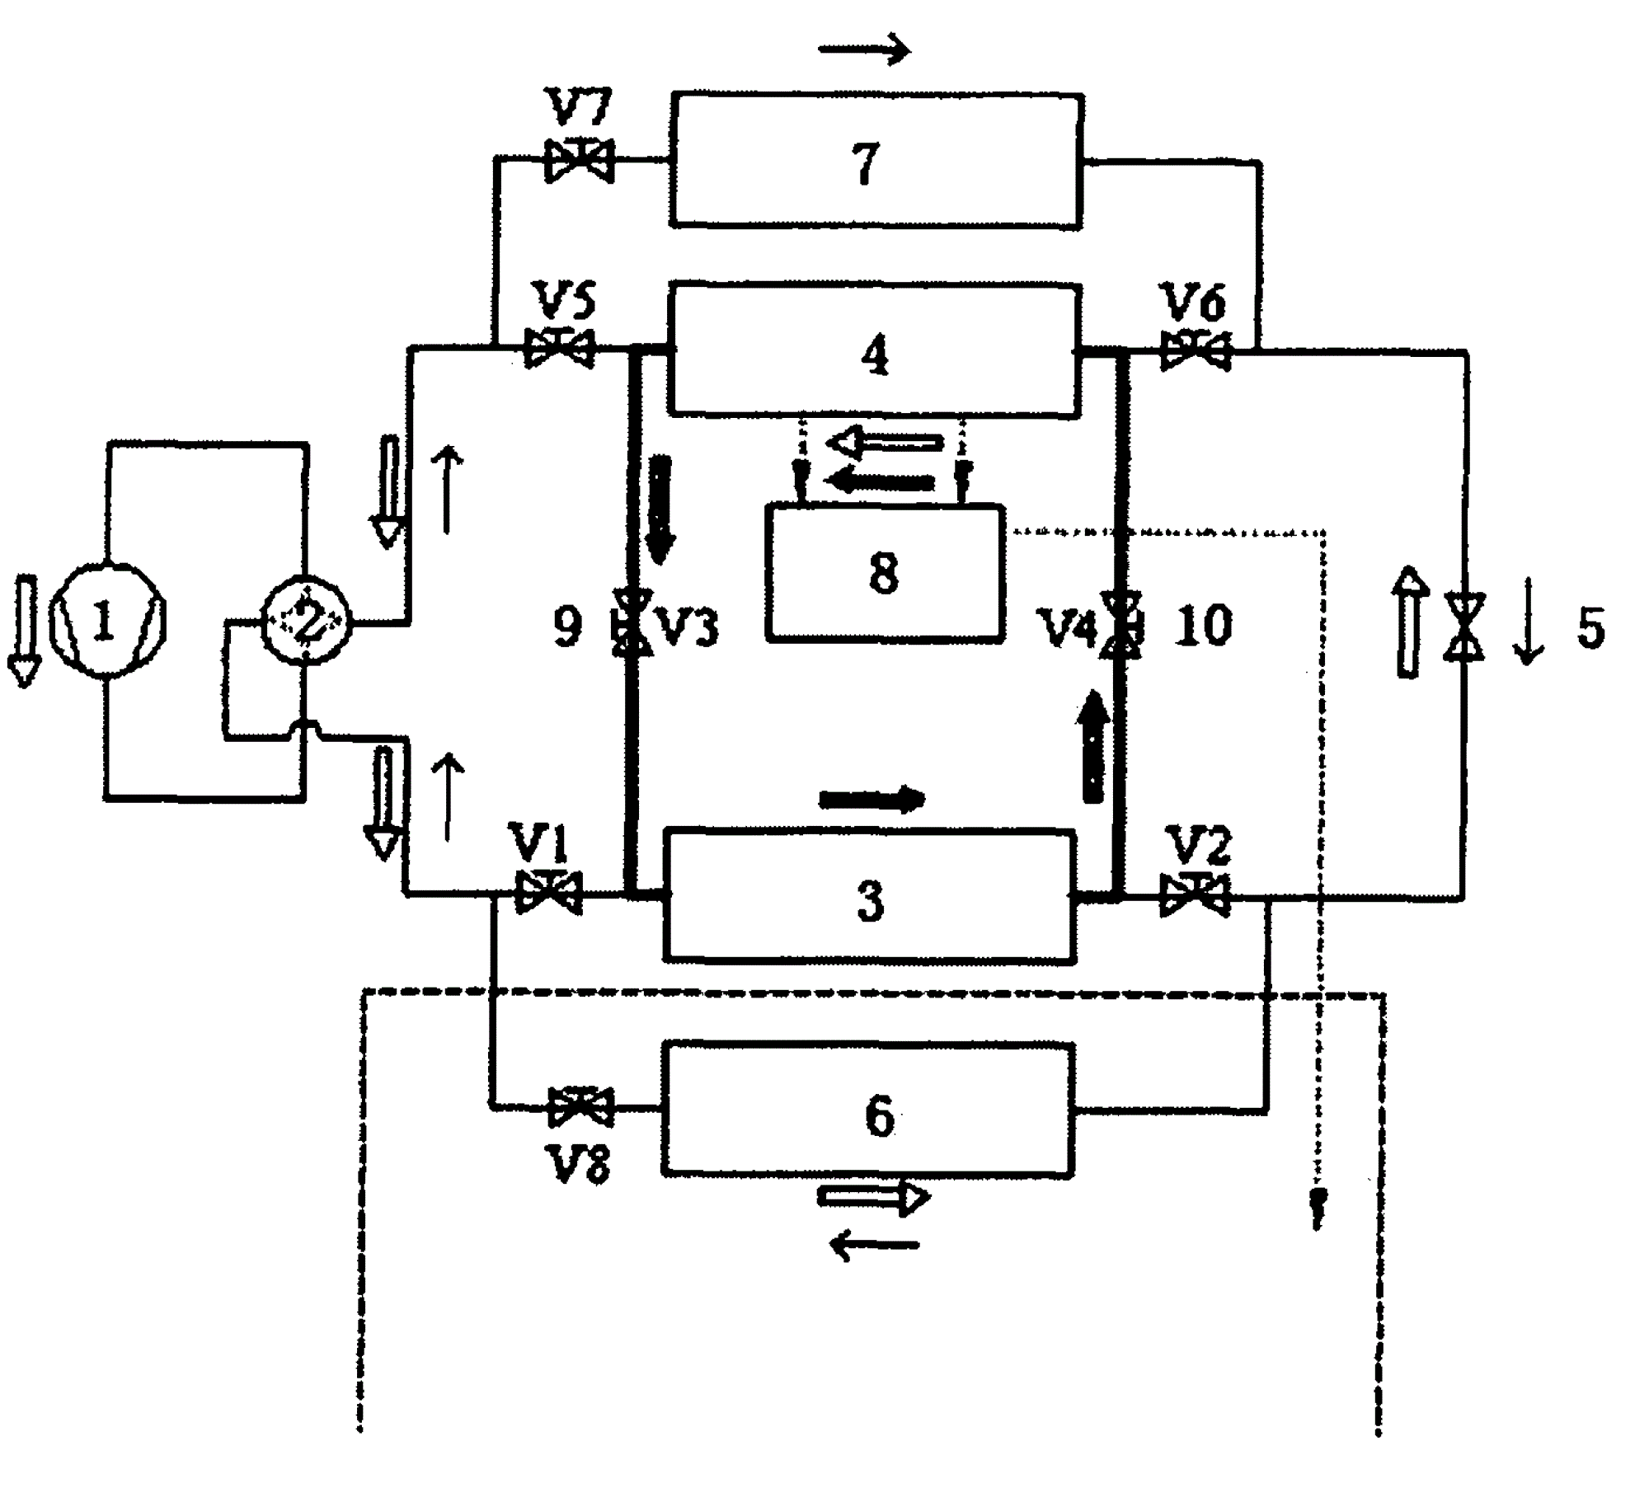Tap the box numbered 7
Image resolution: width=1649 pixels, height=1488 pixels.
tap(876, 161)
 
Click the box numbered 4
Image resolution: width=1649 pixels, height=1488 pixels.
tap(874, 351)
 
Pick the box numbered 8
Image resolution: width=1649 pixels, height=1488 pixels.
tap(885, 572)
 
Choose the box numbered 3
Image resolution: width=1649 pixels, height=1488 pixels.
tap(870, 897)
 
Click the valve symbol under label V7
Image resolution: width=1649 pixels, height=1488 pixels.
tap(579, 162)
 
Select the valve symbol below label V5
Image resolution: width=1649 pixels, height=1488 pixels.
tap(559, 350)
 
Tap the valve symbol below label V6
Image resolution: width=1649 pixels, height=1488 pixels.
tap(1196, 351)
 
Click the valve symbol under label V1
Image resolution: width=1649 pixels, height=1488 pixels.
tap(548, 893)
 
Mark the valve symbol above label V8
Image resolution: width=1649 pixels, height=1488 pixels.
tap(580, 1108)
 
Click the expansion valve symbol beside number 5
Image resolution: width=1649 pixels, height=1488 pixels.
tap(1463, 627)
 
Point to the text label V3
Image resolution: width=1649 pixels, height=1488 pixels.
tap(687, 628)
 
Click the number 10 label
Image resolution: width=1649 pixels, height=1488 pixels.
tap(1203, 625)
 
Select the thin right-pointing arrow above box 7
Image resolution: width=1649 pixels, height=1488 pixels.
tap(864, 50)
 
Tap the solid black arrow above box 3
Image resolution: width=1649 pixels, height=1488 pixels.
tap(872, 798)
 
